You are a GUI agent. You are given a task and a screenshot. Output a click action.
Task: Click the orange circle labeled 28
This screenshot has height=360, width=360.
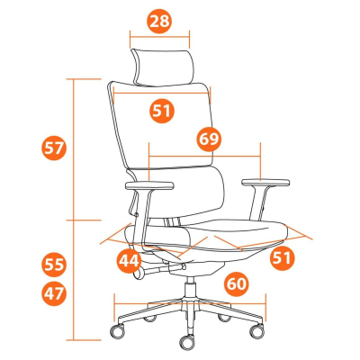[159, 22]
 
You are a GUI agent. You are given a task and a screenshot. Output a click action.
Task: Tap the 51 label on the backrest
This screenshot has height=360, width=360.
[162, 111]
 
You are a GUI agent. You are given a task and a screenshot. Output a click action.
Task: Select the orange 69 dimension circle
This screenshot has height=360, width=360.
[209, 139]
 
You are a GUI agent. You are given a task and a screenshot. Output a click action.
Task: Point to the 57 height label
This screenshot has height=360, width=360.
[54, 148]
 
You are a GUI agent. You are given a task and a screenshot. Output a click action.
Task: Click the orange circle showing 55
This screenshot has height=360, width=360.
[54, 265]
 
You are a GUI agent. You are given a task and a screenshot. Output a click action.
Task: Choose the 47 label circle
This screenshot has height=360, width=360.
[54, 293]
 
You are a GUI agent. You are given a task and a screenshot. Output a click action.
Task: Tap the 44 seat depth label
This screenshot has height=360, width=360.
[130, 261]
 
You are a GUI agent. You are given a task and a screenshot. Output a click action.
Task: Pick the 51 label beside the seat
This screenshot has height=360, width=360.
[282, 258]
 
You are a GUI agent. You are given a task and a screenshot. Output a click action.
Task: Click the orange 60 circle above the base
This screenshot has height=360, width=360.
[237, 283]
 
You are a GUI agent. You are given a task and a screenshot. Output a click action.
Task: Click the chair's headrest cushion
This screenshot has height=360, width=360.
[162, 67]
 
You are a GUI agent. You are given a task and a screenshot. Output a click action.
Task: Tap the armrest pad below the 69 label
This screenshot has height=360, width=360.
[265, 183]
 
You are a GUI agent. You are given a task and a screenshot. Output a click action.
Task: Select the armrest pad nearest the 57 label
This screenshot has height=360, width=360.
[149, 185]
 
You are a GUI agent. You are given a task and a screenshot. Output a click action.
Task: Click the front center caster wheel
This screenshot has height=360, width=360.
[188, 342]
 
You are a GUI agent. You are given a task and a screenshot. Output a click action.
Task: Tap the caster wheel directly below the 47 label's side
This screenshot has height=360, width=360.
[118, 331]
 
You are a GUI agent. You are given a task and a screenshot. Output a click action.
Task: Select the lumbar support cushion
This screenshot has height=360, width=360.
[177, 192]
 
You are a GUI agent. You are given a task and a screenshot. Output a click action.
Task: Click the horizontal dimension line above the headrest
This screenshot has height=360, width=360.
[159, 37]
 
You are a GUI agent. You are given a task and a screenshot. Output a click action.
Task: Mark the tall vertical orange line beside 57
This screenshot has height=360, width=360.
[74, 210]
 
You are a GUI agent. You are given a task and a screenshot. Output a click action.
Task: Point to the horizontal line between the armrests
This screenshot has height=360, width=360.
[204, 156]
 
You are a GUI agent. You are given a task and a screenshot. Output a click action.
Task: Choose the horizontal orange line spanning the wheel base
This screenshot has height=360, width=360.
[190, 303]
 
